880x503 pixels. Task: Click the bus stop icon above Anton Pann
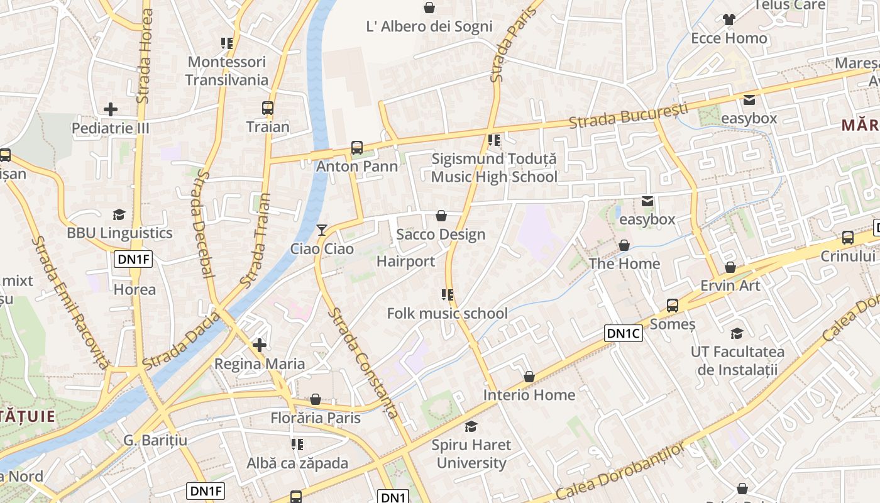[357, 148]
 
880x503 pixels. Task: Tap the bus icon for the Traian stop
[268, 108]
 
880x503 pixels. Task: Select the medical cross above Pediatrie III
[111, 109]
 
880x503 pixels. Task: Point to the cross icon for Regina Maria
[260, 345]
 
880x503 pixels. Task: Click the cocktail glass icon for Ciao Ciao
[322, 230]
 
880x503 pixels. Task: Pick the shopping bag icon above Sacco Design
[441, 216]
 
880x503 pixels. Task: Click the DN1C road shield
[624, 333]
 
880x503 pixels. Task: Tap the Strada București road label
[629, 115]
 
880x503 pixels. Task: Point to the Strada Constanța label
[363, 363]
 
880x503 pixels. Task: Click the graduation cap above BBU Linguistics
[119, 215]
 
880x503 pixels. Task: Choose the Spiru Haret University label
[471, 454]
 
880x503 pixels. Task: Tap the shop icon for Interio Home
[529, 377]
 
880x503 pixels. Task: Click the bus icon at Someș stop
[673, 306]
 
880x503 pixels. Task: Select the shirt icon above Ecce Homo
[729, 20]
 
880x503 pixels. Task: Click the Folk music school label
[448, 313]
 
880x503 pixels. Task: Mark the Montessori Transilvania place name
[227, 71]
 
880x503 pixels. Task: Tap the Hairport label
[405, 261]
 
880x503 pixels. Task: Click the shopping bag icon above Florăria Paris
[316, 400]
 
